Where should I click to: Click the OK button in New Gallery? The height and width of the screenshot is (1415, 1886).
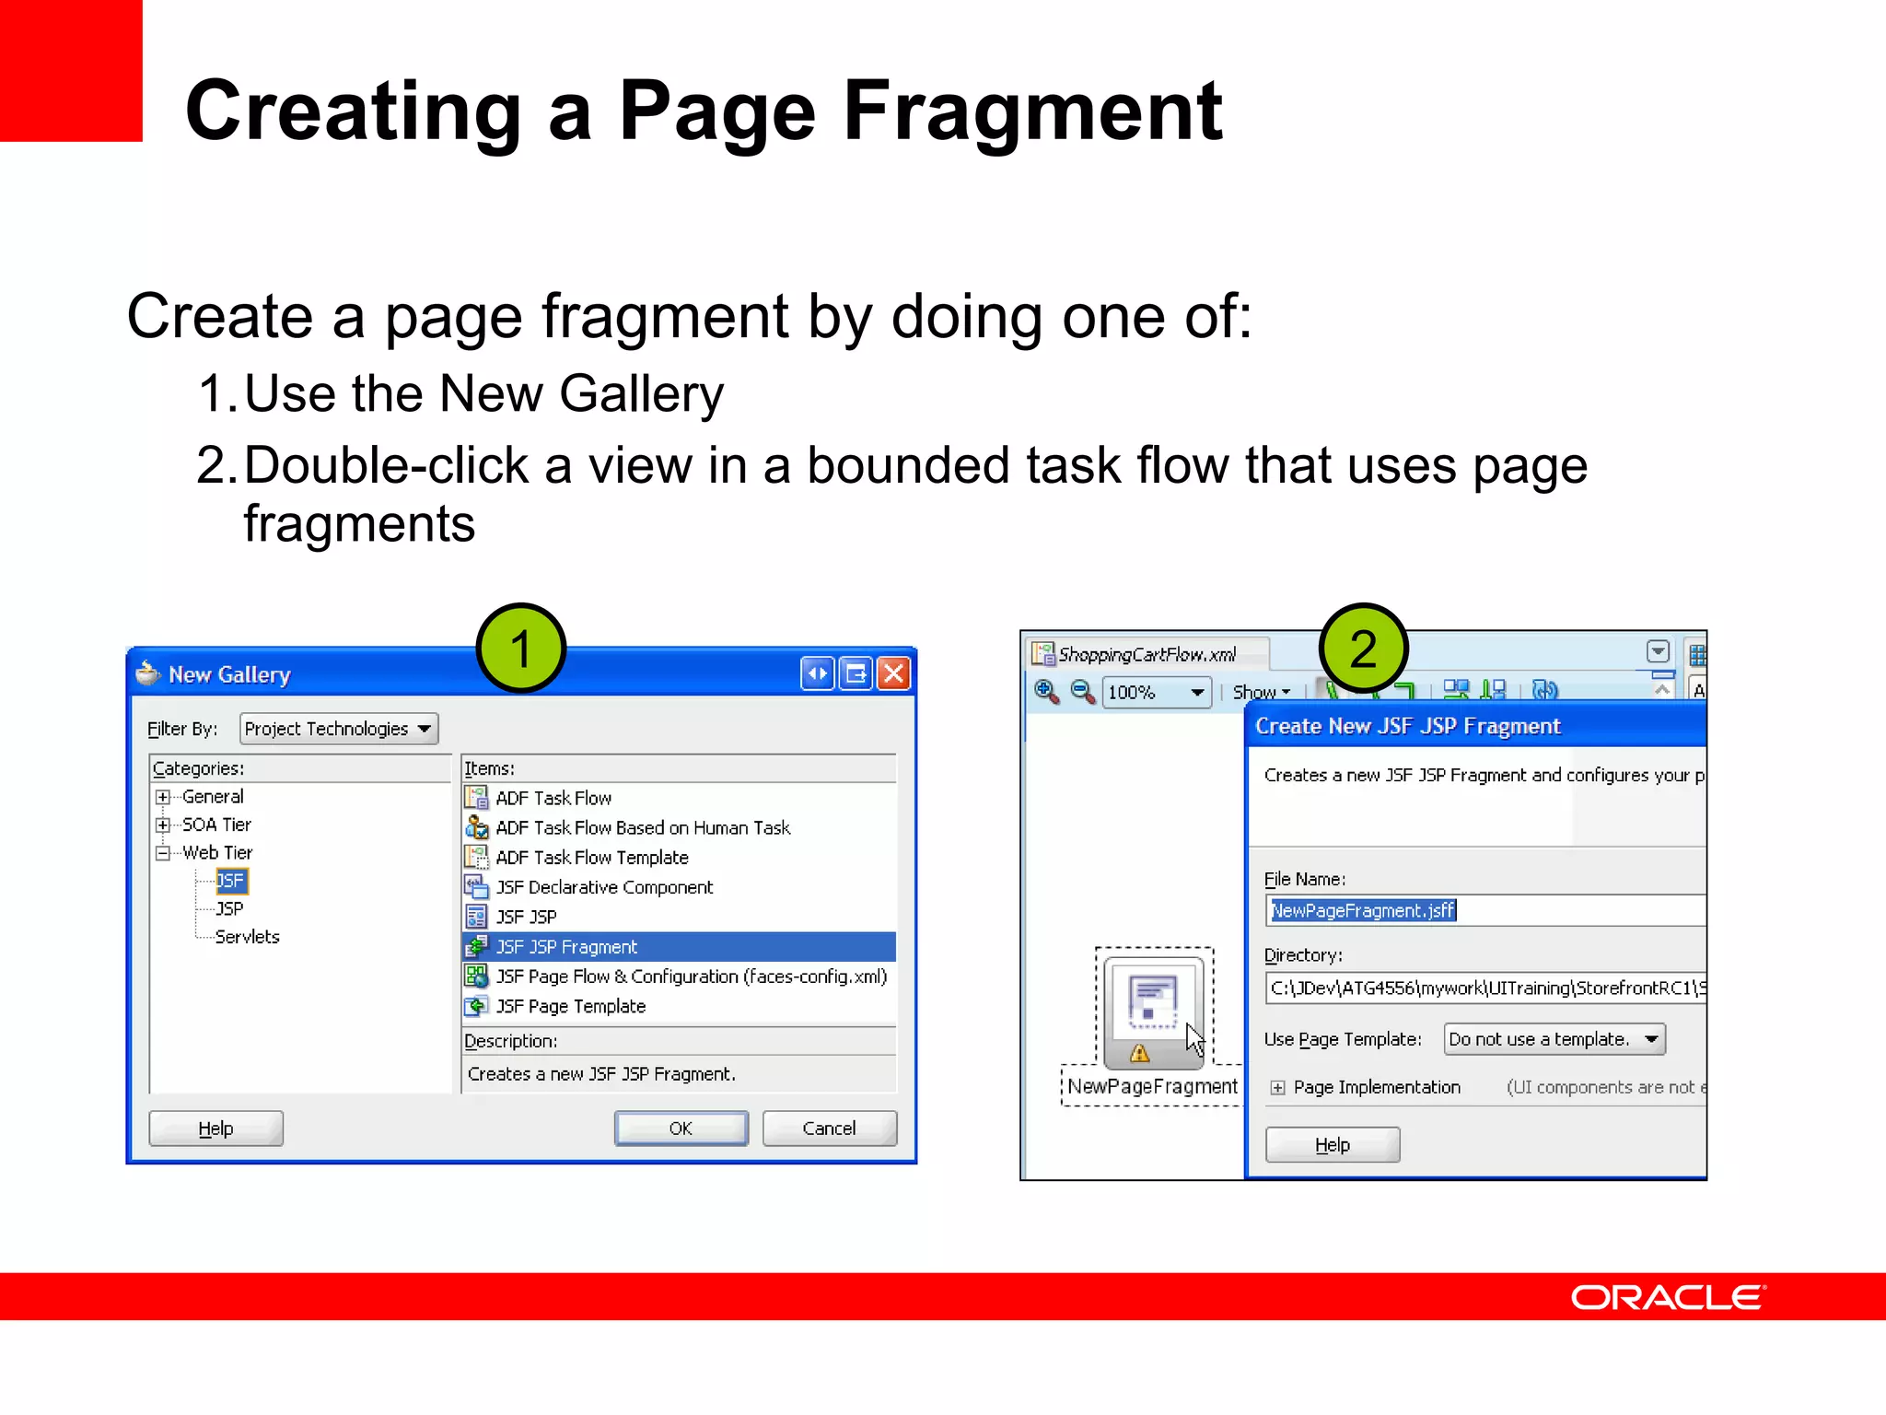click(681, 1128)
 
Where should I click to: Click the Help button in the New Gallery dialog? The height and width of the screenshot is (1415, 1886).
click(215, 1128)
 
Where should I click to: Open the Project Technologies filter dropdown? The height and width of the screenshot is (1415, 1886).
click(338, 729)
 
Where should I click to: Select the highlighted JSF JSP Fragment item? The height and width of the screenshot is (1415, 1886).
click(566, 947)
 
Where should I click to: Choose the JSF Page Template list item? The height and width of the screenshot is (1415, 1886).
click(570, 1006)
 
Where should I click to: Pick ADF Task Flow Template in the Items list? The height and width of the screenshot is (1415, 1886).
click(591, 858)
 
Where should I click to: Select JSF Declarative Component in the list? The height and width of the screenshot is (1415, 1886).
click(604, 887)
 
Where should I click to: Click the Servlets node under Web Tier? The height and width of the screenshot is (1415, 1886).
click(247, 937)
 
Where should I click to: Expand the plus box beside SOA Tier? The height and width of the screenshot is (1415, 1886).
click(163, 824)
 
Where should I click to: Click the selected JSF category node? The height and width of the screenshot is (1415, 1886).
click(230, 881)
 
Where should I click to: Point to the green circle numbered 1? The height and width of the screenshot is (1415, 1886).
click(520, 649)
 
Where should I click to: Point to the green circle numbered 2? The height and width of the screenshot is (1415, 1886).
click(1363, 649)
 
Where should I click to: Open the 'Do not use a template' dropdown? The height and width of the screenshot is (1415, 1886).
click(1554, 1039)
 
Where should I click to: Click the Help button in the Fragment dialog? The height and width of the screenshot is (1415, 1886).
click(1332, 1145)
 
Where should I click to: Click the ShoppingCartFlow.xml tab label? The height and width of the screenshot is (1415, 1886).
click(1147, 654)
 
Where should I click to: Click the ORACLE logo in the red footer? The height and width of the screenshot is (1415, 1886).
click(1667, 1297)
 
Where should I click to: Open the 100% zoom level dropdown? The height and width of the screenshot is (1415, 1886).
click(1157, 692)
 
